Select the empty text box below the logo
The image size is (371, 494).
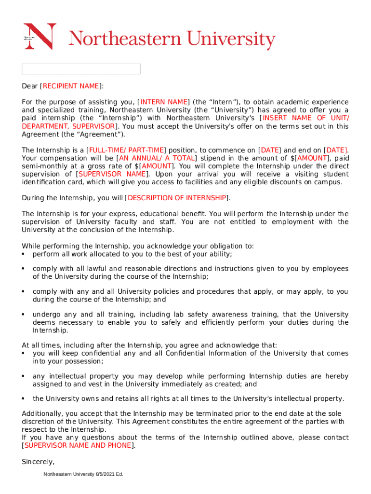(81, 69)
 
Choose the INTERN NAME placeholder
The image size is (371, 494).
(164, 102)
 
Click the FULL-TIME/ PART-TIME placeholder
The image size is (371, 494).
(126, 150)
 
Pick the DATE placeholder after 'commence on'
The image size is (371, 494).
(270, 150)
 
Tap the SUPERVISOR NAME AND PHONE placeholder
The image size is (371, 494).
(78, 445)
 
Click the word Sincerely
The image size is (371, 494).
(38, 462)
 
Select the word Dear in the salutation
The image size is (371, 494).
(30, 86)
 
